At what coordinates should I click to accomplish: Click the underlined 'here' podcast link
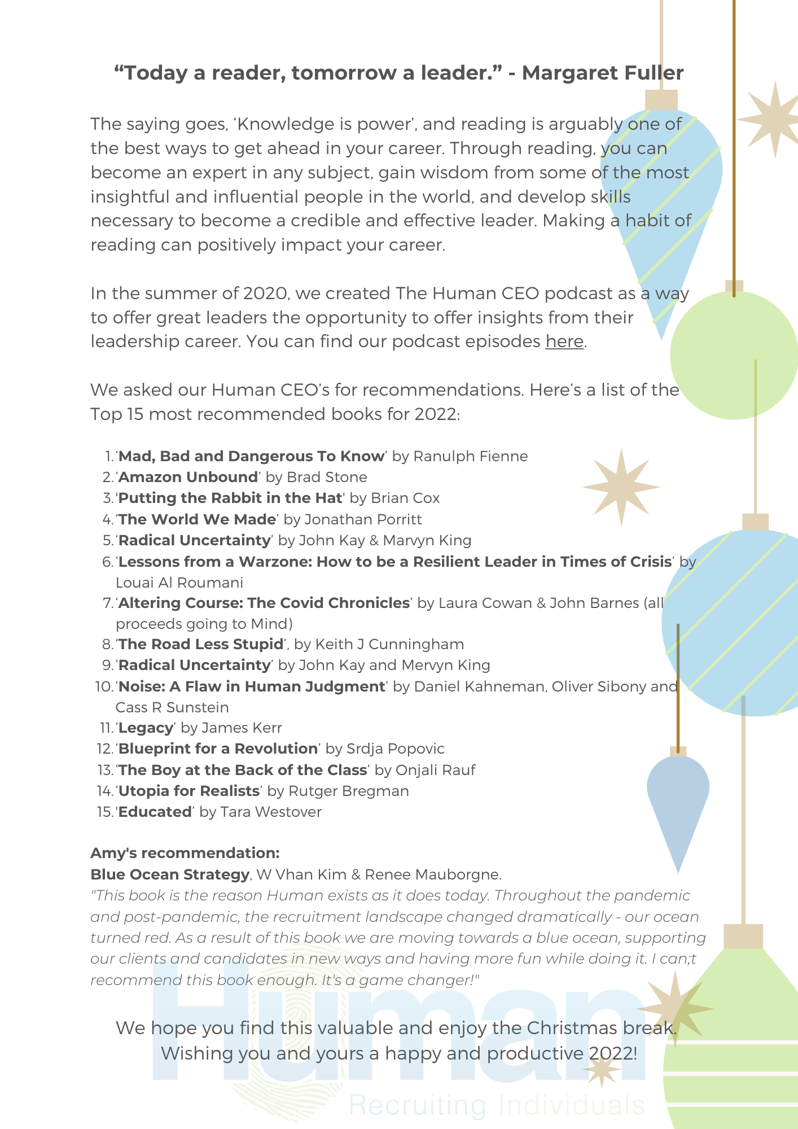click(564, 342)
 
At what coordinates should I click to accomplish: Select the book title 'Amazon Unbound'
click(188, 478)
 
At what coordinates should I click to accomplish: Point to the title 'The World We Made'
click(198, 519)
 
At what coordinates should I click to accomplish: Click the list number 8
click(107, 645)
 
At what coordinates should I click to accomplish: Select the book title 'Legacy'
click(146, 728)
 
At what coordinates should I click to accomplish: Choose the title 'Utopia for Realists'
click(188, 791)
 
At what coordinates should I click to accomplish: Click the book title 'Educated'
click(155, 812)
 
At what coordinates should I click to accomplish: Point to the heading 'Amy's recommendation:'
click(185, 853)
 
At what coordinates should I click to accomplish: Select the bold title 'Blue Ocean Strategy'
click(169, 875)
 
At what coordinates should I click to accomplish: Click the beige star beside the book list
click(621, 487)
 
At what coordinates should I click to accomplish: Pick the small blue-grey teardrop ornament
click(678, 802)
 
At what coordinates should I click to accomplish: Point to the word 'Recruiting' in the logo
click(417, 1105)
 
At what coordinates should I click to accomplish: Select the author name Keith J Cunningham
click(389, 645)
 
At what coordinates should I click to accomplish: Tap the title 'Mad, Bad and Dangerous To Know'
click(252, 457)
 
